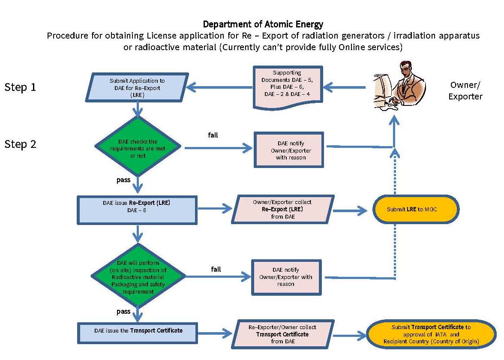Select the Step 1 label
(x=20, y=87)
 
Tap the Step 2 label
(x=20, y=144)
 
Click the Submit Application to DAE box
(x=137, y=88)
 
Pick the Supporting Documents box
(x=287, y=87)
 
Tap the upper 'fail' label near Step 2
(x=213, y=135)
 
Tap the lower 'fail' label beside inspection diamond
(x=216, y=269)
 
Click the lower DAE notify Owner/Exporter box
(x=286, y=277)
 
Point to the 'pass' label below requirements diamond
(x=123, y=180)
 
